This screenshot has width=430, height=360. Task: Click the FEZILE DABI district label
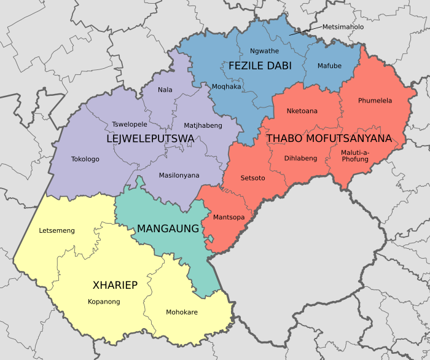coord(260,66)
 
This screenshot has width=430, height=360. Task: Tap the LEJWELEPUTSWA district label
coord(150,139)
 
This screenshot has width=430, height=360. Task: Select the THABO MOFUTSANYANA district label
coord(329,139)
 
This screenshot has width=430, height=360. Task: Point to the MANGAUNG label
coord(168,229)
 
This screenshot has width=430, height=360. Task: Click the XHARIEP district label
coord(115,285)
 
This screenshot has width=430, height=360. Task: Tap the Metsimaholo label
coord(343,27)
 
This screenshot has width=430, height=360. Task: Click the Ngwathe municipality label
coord(264,51)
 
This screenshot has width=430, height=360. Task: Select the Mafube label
coord(329,66)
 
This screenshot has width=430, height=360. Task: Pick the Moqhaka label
coord(226,87)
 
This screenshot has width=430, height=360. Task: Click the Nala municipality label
coord(165,90)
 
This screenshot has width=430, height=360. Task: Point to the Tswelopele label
coord(130,124)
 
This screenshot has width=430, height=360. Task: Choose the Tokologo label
coord(85,159)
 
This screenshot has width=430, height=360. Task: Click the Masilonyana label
coord(179,176)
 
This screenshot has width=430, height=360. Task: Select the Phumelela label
coord(375,101)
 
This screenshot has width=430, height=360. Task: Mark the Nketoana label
coord(302,111)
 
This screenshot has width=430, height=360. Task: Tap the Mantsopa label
coord(229,217)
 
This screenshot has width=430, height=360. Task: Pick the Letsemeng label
coord(57,231)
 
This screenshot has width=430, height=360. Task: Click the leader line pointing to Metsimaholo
coord(305,31)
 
